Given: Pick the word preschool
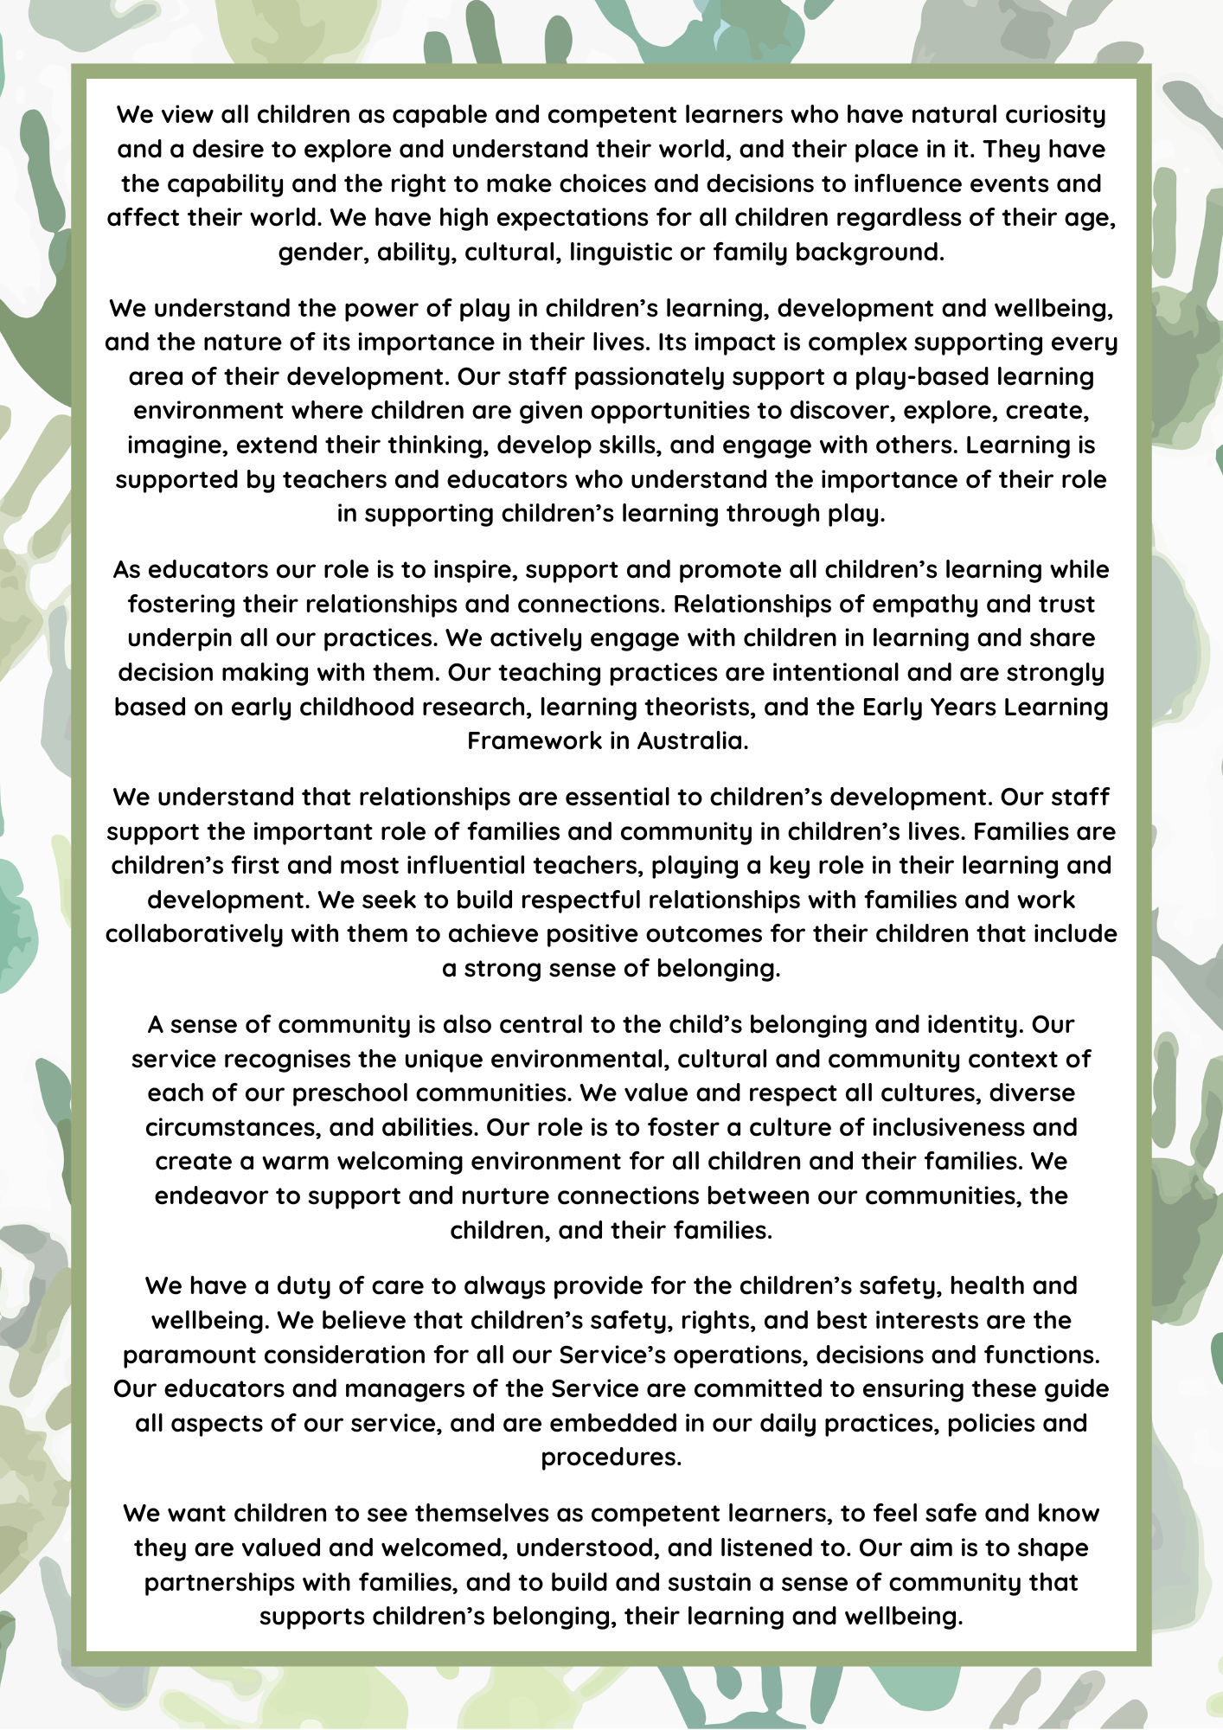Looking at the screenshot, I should pos(349,1093).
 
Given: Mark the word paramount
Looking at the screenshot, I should pos(188,1355).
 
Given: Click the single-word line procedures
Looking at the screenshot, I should pos(611,1458).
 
